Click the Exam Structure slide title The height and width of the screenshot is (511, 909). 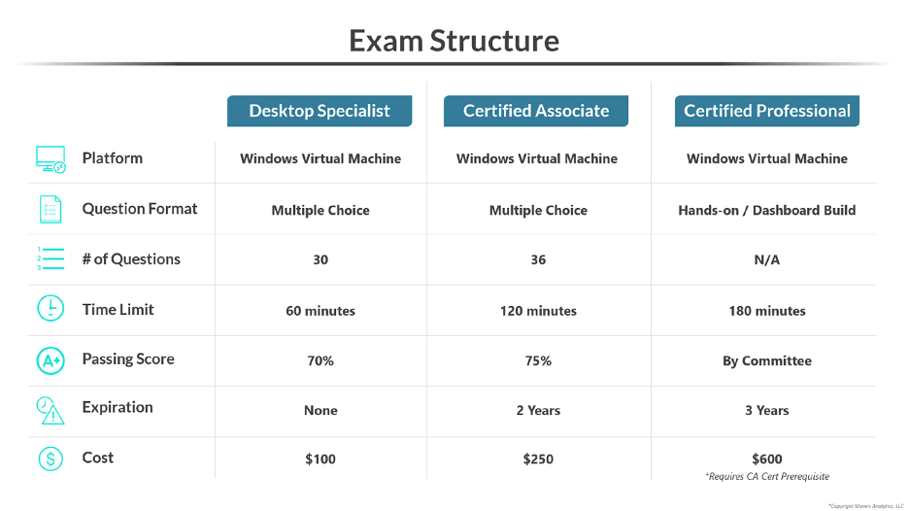(x=454, y=41)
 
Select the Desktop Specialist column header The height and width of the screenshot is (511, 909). (x=320, y=111)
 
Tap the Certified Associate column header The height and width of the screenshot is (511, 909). (x=536, y=111)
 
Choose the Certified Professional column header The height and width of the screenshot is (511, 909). (x=766, y=111)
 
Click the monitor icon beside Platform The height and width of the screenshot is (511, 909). (x=50, y=159)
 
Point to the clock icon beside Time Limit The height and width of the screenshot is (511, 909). (x=50, y=309)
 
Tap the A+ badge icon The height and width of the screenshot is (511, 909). (x=50, y=360)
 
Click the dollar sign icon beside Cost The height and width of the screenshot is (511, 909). (x=50, y=459)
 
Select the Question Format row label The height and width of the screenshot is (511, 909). (x=139, y=209)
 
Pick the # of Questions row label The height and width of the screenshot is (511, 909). (x=131, y=259)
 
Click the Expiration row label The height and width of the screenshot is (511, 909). (x=118, y=408)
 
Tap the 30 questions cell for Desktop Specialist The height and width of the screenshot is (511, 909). (x=320, y=260)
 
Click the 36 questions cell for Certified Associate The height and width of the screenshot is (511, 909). (x=538, y=260)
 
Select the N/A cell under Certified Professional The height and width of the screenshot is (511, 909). (x=767, y=260)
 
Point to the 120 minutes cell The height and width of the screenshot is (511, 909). (x=537, y=312)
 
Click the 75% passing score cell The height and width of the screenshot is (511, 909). (x=538, y=361)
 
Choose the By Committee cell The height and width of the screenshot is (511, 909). (x=767, y=361)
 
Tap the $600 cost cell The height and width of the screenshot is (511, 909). (x=767, y=460)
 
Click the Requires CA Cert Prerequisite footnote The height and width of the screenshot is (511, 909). (x=767, y=477)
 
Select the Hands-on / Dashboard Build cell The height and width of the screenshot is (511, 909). (x=767, y=210)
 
